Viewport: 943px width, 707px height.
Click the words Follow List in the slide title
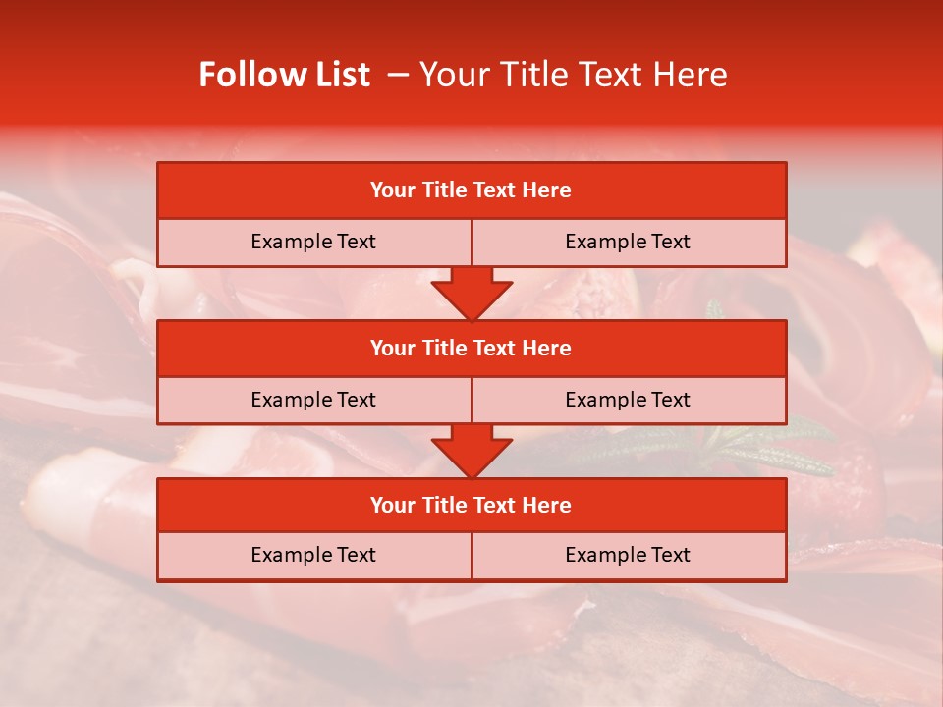(x=285, y=75)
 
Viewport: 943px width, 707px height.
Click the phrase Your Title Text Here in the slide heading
(x=573, y=75)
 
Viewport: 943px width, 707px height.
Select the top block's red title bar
(x=471, y=190)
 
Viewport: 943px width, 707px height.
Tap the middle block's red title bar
(x=471, y=348)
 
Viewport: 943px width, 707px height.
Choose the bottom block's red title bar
(x=471, y=505)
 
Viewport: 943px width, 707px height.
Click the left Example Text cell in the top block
(x=313, y=242)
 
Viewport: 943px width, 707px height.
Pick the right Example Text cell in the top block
(x=628, y=242)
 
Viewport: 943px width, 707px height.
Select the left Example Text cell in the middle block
(x=313, y=400)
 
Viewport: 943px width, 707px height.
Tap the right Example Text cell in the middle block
(x=628, y=400)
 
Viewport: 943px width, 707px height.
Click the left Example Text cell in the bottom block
(x=313, y=555)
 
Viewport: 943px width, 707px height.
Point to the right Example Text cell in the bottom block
(x=628, y=555)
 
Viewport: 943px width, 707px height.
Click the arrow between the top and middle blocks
(x=471, y=295)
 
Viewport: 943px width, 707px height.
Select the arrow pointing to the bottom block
(x=471, y=452)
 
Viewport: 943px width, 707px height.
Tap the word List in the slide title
(x=338, y=75)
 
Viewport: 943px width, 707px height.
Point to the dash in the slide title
(x=398, y=75)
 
